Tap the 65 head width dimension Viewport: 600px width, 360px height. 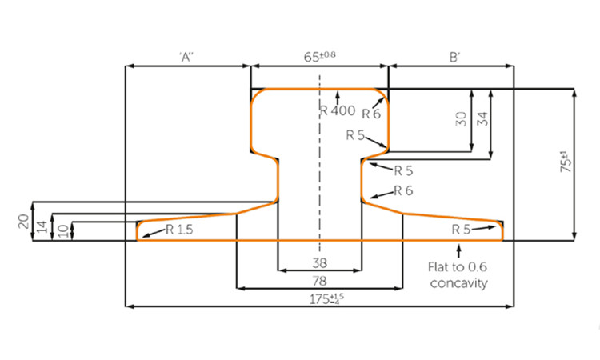tap(318, 57)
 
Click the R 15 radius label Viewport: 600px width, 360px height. tap(179, 230)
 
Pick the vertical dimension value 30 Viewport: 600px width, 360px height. tap(461, 119)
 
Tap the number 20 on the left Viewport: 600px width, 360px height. tap(24, 220)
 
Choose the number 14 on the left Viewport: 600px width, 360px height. tap(44, 226)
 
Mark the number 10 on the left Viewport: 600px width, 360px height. tap(64, 230)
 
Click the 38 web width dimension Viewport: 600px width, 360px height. tap(319, 262)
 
